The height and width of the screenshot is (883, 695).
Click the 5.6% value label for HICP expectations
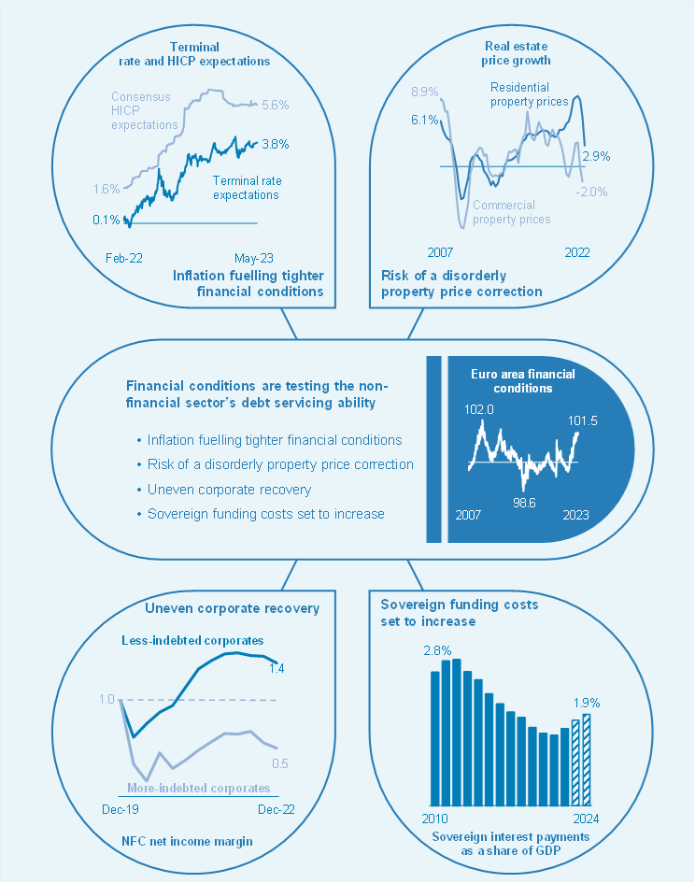coord(276,106)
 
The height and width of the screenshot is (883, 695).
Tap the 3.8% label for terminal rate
coord(276,144)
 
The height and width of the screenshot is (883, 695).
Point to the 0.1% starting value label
coord(106,221)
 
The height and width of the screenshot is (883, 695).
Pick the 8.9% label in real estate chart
coord(425,92)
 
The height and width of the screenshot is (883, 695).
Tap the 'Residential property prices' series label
coord(529,94)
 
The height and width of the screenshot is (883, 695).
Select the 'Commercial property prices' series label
coord(511,212)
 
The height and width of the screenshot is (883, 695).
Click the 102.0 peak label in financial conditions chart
coord(478,408)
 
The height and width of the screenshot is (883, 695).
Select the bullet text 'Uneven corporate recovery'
coord(229,489)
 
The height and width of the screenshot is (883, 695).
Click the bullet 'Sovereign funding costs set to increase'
coord(265,513)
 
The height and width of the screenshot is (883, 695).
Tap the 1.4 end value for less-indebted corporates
coord(277,667)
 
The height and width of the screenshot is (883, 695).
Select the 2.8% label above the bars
coord(438,649)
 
